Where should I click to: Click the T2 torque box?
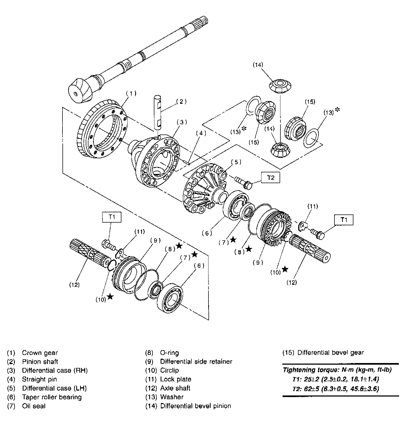(270, 178)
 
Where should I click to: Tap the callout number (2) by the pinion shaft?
(181, 102)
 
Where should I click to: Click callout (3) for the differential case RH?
(182, 122)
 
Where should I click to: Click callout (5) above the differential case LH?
(236, 162)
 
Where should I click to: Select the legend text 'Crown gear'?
(40, 353)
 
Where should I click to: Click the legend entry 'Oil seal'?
(34, 406)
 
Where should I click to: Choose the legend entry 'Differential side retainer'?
(196, 361)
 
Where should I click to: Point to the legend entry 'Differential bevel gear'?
(330, 352)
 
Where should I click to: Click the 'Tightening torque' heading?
(337, 370)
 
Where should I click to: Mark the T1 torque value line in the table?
(336, 379)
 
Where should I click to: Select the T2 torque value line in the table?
(336, 389)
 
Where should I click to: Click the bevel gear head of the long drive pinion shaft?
(81, 90)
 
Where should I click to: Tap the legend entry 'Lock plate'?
(175, 379)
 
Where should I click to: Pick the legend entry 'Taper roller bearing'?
(52, 397)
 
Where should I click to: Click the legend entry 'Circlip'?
(169, 370)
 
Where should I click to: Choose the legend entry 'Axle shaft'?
(175, 388)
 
